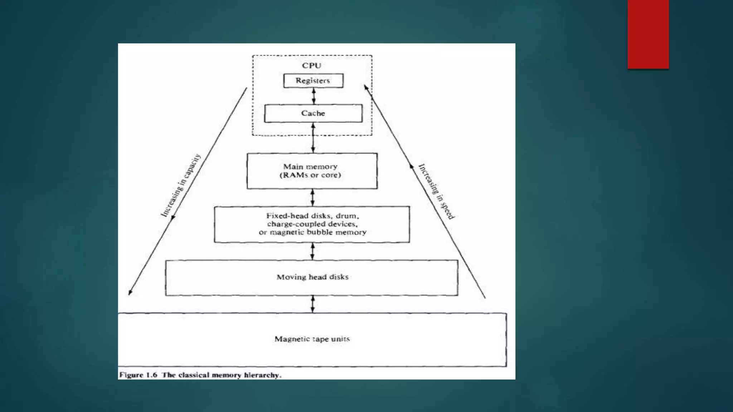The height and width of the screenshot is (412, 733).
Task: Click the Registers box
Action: pyautogui.click(x=313, y=80)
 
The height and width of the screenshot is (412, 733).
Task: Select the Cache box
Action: pyautogui.click(x=313, y=113)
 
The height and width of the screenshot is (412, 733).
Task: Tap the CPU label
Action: pyautogui.click(x=311, y=65)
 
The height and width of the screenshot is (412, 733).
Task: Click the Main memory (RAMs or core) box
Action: pyautogui.click(x=312, y=171)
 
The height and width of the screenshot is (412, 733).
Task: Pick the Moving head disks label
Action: pyautogui.click(x=312, y=277)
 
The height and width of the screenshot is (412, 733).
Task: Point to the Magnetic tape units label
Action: pyautogui.click(x=312, y=339)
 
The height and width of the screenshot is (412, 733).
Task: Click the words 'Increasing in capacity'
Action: pyautogui.click(x=181, y=186)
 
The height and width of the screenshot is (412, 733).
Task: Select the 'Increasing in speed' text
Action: pyautogui.click(x=436, y=191)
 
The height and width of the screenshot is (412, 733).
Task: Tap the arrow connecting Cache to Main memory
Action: pyautogui.click(x=313, y=138)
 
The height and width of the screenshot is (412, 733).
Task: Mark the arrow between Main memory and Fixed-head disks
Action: pyautogui.click(x=313, y=197)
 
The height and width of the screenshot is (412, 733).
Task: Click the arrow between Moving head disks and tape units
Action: pyautogui.click(x=313, y=304)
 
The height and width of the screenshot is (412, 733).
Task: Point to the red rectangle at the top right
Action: pyautogui.click(x=648, y=34)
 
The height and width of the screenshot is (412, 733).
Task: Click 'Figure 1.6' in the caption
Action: pyautogui.click(x=138, y=375)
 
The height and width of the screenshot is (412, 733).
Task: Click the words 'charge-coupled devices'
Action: pyautogui.click(x=312, y=224)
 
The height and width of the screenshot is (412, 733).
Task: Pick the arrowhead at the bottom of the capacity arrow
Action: pyautogui.click(x=130, y=292)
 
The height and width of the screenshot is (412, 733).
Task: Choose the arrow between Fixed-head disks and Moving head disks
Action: pyautogui.click(x=312, y=251)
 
